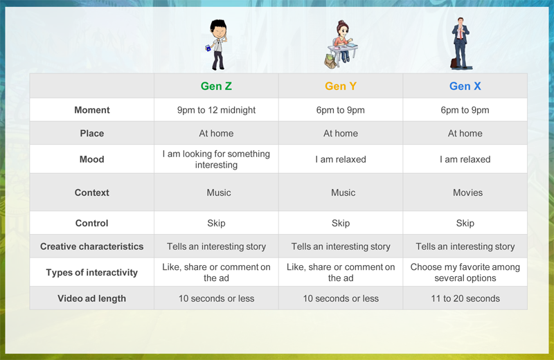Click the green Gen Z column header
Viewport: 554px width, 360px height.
click(x=216, y=87)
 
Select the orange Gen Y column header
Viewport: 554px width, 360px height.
click(x=341, y=87)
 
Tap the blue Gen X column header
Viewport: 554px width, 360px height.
click(x=465, y=87)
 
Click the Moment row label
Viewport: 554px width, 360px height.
click(x=92, y=110)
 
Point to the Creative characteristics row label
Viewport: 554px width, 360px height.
click(x=92, y=246)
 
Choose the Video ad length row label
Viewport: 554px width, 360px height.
click(x=92, y=298)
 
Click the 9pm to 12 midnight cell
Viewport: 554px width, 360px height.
click(x=216, y=110)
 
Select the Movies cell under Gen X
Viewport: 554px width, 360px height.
click(x=468, y=192)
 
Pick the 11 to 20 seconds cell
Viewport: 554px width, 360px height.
click(x=465, y=298)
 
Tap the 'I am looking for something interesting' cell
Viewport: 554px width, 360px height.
click(x=216, y=159)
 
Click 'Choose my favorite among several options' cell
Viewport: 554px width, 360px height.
click(x=465, y=272)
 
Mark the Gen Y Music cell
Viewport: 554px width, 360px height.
click(x=343, y=192)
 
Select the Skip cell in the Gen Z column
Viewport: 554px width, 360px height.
click(x=216, y=224)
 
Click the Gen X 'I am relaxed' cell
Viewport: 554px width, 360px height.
click(x=465, y=159)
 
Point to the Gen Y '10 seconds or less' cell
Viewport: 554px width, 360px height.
click(x=341, y=298)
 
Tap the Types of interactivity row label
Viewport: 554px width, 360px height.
click(x=92, y=272)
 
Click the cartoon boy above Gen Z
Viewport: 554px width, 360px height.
click(x=217, y=44)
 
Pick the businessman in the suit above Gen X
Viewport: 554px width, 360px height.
click(x=461, y=42)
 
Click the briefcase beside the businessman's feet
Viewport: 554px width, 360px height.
click(x=454, y=63)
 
